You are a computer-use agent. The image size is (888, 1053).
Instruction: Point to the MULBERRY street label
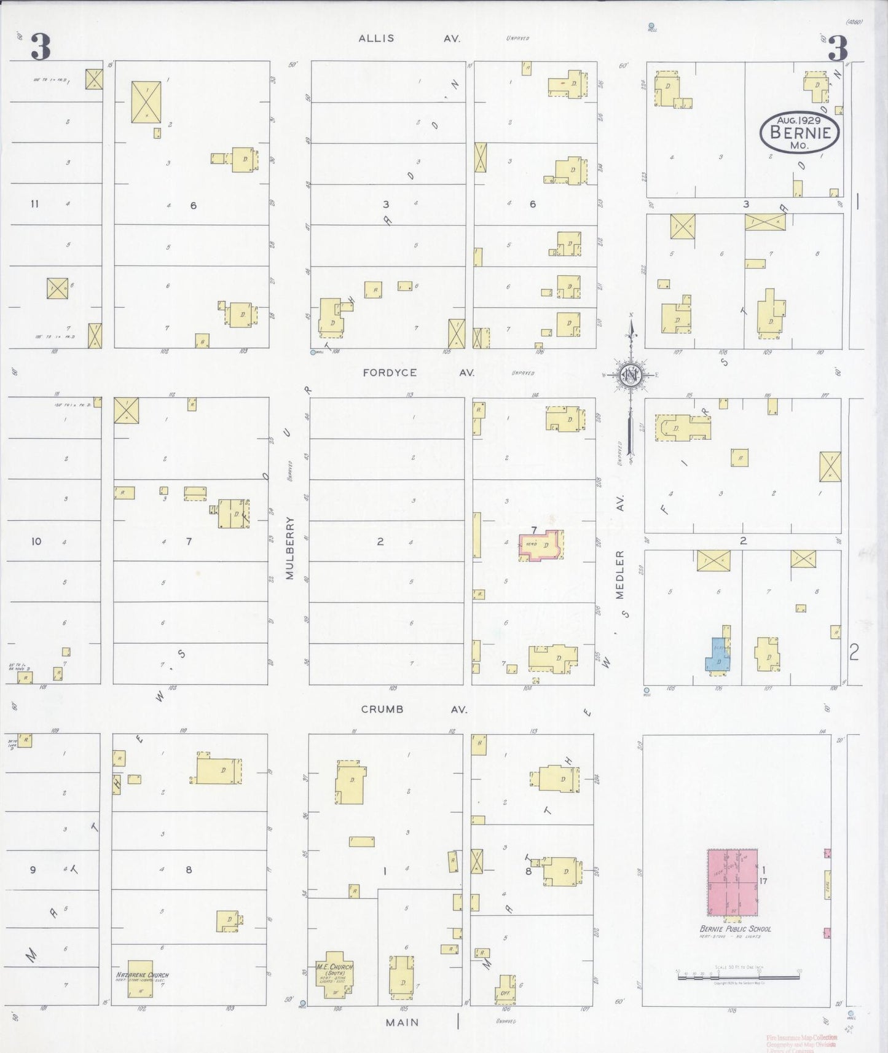click(290, 548)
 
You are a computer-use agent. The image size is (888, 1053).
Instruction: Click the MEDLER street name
click(620, 574)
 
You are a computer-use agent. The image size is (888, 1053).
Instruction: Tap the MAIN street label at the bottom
click(403, 1022)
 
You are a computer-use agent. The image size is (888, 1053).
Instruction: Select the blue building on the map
click(717, 656)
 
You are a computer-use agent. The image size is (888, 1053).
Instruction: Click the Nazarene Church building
click(140, 977)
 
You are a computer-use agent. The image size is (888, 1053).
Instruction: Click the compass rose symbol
click(631, 375)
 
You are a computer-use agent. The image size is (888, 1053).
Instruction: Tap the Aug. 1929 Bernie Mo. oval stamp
click(799, 131)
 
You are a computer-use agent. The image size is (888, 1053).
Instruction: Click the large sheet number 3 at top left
click(41, 48)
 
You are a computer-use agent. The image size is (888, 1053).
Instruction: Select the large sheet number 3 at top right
click(838, 48)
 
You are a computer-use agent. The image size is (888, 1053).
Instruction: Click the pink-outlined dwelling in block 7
click(541, 546)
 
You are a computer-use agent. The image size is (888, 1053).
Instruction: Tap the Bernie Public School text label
click(734, 929)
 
